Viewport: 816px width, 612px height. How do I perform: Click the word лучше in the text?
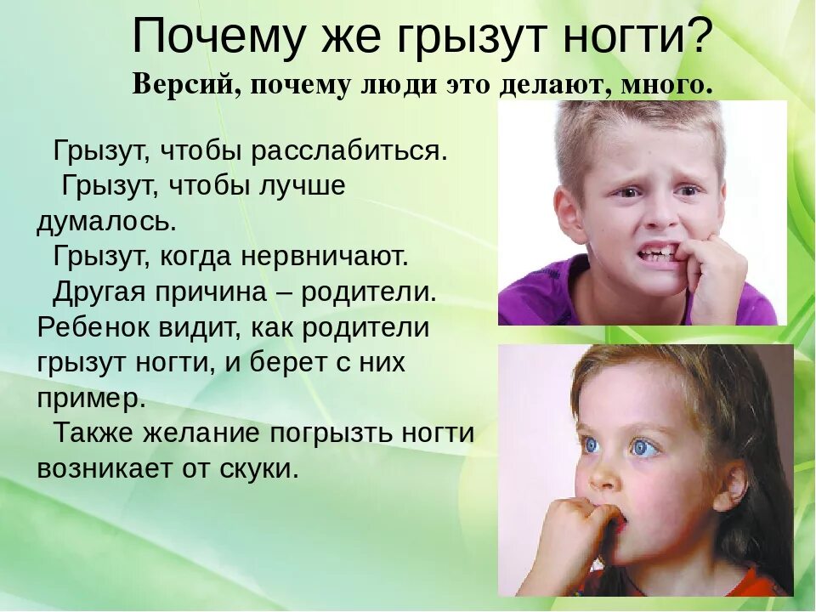[303, 186]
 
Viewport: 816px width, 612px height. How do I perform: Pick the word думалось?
[106, 222]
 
